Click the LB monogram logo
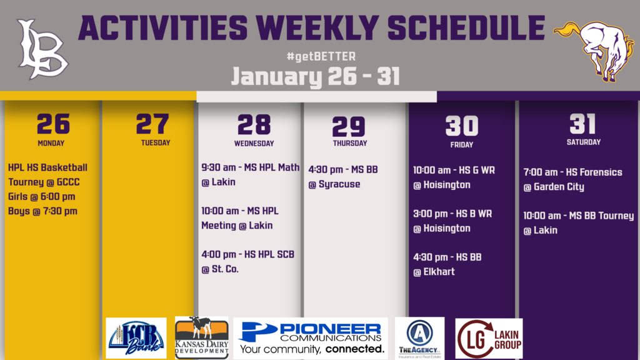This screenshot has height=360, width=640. tap(42, 49)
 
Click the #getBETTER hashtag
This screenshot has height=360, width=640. tap(321, 56)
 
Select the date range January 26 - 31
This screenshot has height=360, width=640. tap(315, 77)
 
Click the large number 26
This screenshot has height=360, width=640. tap(53, 124)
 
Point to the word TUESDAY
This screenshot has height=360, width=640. tap(156, 143)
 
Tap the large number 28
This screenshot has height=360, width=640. tap(254, 125)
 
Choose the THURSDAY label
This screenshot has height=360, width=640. tap(350, 143)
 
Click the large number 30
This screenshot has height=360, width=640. tap(462, 126)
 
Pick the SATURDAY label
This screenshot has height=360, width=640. tap(584, 142)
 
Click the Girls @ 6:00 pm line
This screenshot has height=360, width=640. tap(42, 197)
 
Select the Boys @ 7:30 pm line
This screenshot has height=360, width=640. tap(42, 211)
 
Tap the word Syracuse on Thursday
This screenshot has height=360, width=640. tap(339, 184)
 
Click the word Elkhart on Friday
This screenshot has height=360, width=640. tap(439, 271)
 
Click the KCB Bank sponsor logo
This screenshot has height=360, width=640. tap(136, 338)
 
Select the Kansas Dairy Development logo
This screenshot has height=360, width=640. tap(202, 337)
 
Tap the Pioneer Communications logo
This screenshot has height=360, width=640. tap(311, 338)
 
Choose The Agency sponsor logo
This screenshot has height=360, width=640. tap(419, 338)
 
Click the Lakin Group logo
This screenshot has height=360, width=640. tap(489, 338)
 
